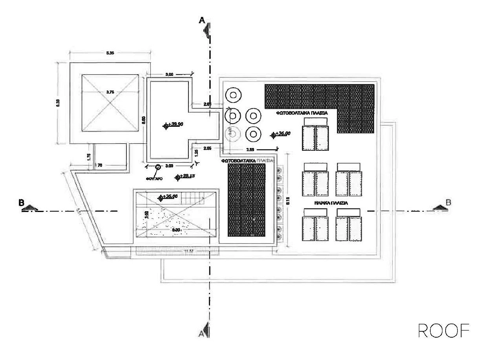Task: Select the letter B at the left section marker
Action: (22, 203)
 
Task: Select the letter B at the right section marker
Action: (448, 202)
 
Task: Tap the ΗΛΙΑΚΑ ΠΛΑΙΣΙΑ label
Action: (332, 203)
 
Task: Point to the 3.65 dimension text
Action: (250, 150)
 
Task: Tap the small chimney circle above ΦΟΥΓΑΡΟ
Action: (158, 167)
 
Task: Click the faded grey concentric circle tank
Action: (232, 134)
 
